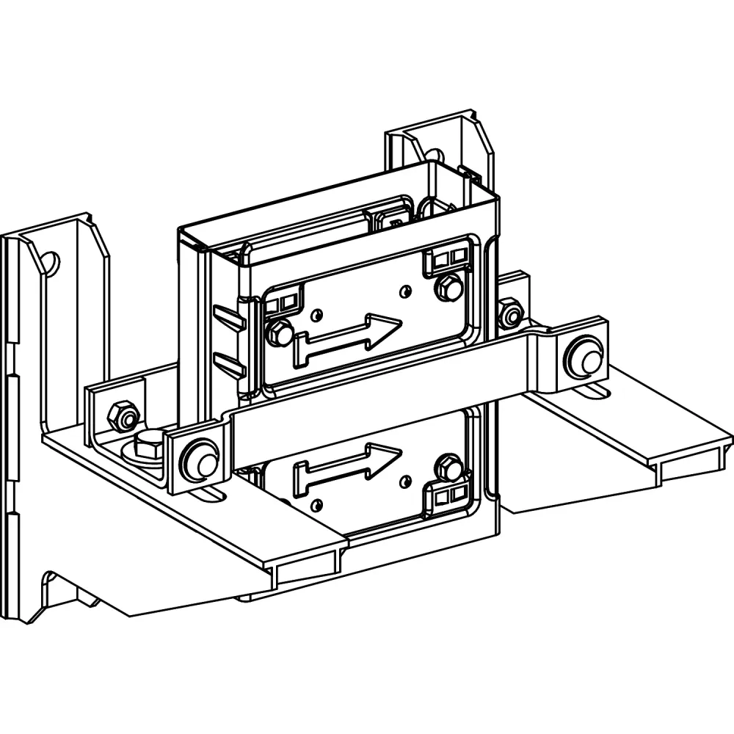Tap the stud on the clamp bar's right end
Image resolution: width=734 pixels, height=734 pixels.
point(584,355)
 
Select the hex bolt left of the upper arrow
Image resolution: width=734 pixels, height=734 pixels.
point(278,333)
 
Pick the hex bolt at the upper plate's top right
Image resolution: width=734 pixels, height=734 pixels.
point(448,287)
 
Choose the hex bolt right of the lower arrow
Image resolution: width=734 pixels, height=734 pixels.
point(447,468)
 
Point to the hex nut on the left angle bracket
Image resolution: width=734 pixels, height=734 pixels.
point(123,417)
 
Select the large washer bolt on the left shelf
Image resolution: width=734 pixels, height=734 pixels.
point(148,446)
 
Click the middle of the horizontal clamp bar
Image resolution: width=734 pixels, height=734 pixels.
point(382,411)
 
